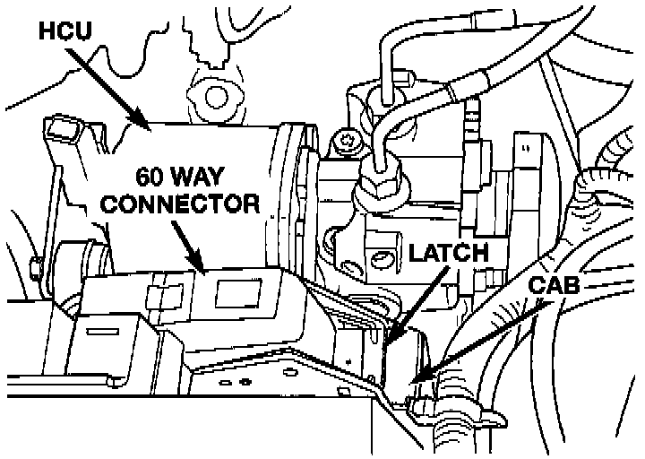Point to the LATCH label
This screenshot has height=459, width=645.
click(448, 254)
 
